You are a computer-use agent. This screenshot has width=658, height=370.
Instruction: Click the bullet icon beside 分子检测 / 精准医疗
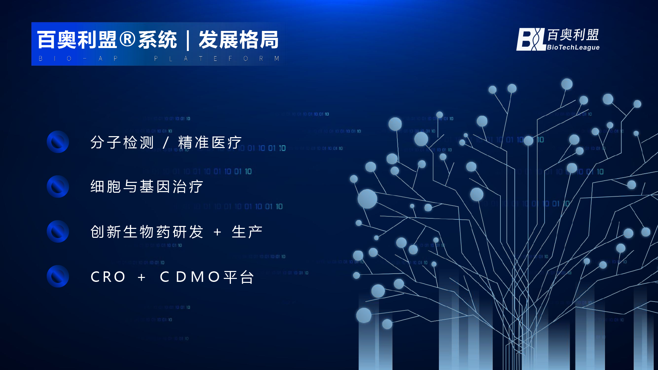tap(58, 142)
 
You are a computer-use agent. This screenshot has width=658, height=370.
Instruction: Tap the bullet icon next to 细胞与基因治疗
tap(58, 186)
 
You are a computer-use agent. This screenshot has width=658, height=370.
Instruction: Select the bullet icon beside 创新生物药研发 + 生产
tap(58, 232)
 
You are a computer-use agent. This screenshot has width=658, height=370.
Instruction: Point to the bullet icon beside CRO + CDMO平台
tap(58, 276)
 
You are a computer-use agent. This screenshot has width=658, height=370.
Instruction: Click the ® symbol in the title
tap(127, 39)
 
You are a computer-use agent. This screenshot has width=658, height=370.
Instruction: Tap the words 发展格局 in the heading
tap(239, 40)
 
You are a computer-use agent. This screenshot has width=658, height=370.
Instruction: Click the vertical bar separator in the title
tap(188, 40)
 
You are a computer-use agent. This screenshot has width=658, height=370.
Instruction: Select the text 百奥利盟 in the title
tap(77, 40)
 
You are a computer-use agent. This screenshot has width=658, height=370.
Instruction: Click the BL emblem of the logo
tap(530, 39)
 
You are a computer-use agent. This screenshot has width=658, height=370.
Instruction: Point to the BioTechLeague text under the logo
tap(573, 47)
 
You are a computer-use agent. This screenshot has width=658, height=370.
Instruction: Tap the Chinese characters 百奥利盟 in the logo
tap(573, 35)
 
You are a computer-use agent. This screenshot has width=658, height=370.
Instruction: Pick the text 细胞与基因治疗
tap(147, 187)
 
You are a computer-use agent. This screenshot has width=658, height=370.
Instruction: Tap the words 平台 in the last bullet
tap(239, 277)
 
